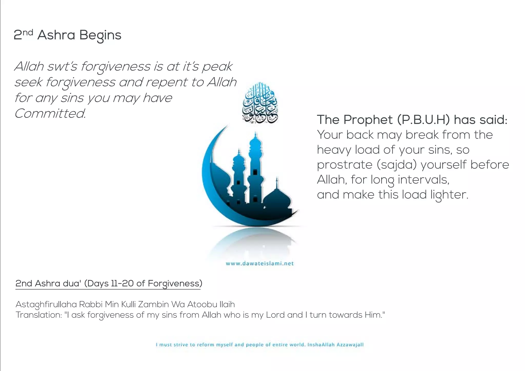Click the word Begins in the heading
click(x=100, y=35)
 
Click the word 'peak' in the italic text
click(x=217, y=67)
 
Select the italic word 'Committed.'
click(x=50, y=114)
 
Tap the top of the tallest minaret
click(x=255, y=135)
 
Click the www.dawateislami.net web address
click(x=260, y=263)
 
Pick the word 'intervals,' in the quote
click(x=423, y=180)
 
